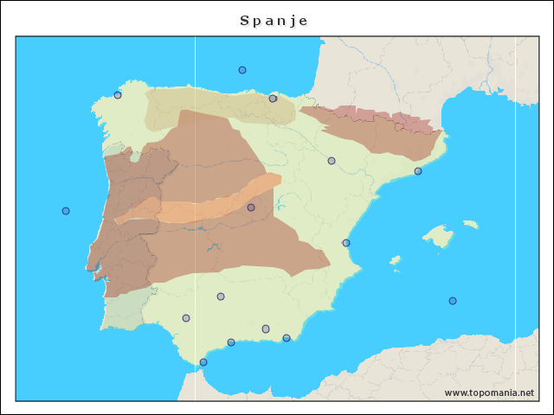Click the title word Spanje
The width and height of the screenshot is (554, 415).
pyautogui.click(x=274, y=20)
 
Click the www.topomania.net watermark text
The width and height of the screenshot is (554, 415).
pyautogui.click(x=489, y=393)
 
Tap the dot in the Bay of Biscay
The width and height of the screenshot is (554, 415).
pyautogui.click(x=242, y=70)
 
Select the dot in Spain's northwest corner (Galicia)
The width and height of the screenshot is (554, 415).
pyautogui.click(x=118, y=95)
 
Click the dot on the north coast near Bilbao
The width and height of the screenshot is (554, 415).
pyautogui.click(x=273, y=99)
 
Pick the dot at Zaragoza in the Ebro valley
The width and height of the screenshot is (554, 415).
pyautogui.click(x=332, y=161)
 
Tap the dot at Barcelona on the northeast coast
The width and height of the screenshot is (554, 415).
pyautogui.click(x=418, y=171)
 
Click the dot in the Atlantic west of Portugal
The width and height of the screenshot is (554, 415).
pyautogui.click(x=66, y=211)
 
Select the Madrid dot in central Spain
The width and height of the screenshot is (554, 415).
pyautogui.click(x=251, y=207)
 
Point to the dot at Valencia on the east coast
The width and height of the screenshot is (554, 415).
pyautogui.click(x=346, y=243)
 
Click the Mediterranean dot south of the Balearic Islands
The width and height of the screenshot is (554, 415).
pyautogui.click(x=453, y=301)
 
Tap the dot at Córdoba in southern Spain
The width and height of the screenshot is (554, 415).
pyautogui.click(x=221, y=297)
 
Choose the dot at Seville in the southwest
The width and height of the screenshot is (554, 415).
pyautogui.click(x=186, y=318)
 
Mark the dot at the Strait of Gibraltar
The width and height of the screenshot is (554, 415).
pyautogui.click(x=203, y=362)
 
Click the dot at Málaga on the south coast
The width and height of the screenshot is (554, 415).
pyautogui.click(x=231, y=342)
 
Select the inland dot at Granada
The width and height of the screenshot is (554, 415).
pyautogui.click(x=266, y=329)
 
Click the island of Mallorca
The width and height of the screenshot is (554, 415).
pyautogui.click(x=438, y=236)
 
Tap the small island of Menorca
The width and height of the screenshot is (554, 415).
pyautogui.click(x=470, y=224)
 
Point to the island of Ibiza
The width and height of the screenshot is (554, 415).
pyautogui.click(x=395, y=259)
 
